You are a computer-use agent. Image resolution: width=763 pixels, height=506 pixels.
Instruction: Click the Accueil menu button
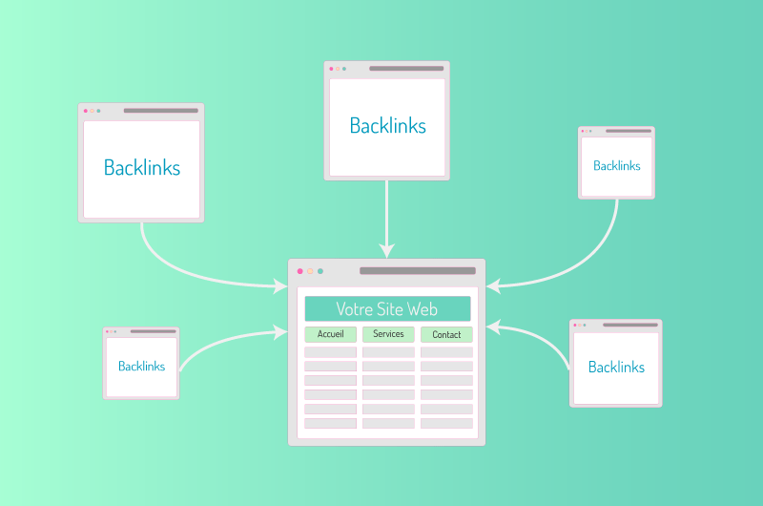click(330, 334)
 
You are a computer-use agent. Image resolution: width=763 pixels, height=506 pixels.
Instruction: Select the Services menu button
click(388, 334)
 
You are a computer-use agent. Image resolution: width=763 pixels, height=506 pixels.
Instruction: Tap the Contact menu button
click(446, 334)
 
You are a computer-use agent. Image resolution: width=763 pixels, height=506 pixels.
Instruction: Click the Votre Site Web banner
click(387, 308)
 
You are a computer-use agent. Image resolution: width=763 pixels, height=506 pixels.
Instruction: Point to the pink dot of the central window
click(300, 271)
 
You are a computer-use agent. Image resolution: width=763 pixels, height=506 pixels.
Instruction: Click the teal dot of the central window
click(320, 271)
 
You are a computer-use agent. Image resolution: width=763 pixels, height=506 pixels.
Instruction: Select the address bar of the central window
click(418, 271)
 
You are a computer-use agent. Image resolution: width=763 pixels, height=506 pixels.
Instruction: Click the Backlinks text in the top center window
click(388, 126)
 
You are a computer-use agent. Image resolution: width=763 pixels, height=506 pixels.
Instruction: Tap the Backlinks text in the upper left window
click(142, 167)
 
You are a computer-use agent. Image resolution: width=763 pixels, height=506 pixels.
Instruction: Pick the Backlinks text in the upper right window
click(616, 165)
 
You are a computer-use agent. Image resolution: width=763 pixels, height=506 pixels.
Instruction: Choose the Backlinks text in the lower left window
click(141, 366)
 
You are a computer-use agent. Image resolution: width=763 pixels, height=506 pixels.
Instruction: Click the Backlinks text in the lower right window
click(616, 367)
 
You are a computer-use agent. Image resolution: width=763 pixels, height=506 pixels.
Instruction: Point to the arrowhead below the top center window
click(387, 250)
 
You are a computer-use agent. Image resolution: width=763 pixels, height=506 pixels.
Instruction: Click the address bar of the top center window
click(406, 68)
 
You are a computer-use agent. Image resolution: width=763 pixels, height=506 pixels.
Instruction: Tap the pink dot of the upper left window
click(86, 111)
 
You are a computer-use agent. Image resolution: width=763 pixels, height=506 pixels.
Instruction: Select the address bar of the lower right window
click(630, 325)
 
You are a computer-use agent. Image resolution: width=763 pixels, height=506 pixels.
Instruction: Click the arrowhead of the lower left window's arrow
click(280, 332)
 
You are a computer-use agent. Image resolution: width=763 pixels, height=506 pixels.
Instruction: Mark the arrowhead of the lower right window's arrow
click(493, 327)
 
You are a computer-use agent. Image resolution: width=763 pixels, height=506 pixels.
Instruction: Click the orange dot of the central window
click(310, 271)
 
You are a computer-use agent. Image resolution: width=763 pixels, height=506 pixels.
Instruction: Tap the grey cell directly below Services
click(388, 352)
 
